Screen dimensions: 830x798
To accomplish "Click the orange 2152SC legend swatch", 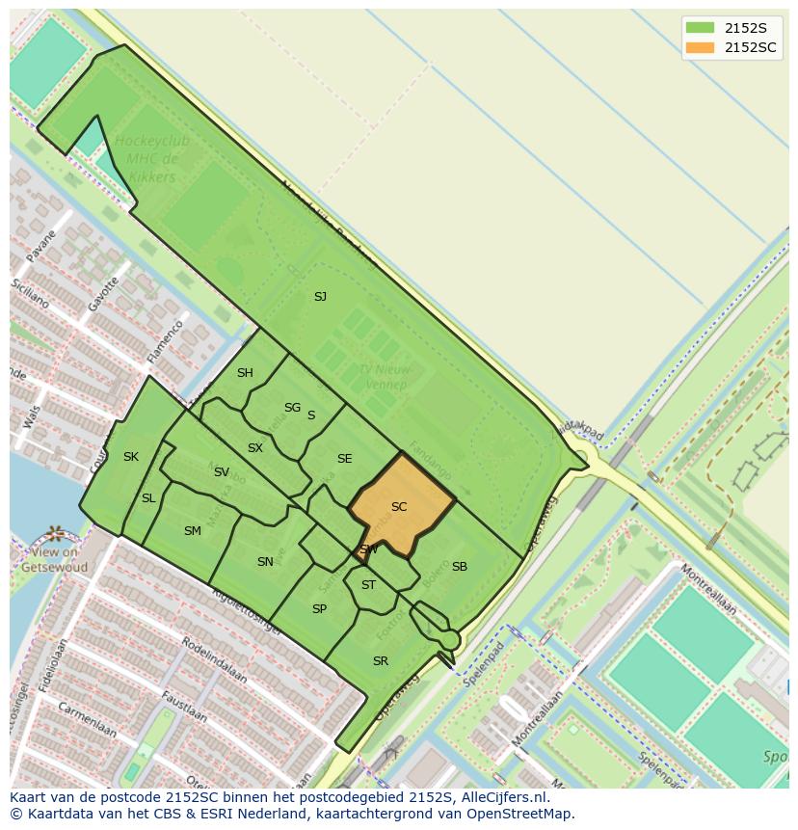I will tap(701, 48).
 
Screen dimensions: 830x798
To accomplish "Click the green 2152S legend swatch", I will tap(701, 28).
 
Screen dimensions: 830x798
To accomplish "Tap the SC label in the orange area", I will tap(399, 507).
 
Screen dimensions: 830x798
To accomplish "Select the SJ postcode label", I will tap(320, 297).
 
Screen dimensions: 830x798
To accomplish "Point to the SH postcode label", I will tap(245, 373).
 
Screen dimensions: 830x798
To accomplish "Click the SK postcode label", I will tap(131, 457).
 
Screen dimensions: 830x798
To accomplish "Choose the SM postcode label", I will tap(193, 531).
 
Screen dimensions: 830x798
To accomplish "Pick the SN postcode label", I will tap(265, 562).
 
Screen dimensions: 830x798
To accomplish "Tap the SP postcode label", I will tap(319, 609).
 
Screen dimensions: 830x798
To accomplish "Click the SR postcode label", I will tap(381, 661).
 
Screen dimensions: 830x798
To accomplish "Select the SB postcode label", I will tap(460, 567).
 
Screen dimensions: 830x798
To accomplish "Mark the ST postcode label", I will tap(368, 585).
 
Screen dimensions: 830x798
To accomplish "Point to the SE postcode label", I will tap(344, 459).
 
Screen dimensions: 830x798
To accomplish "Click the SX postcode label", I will tap(254, 448).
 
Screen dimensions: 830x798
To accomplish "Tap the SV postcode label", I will tap(222, 472).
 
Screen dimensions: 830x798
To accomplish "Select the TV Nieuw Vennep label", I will tap(385, 377).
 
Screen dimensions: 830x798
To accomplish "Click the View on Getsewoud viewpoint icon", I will tap(55, 533).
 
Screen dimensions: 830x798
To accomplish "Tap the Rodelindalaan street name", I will tap(214, 660).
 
